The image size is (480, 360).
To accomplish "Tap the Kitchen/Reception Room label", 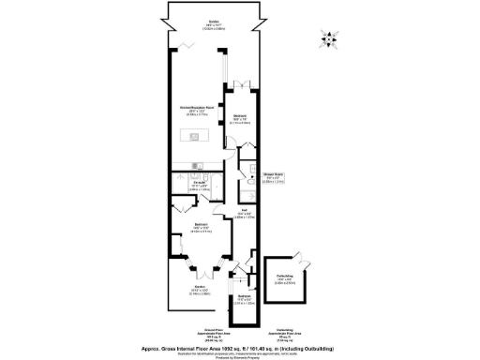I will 194,109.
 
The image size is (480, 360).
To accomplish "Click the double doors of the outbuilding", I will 298,255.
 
